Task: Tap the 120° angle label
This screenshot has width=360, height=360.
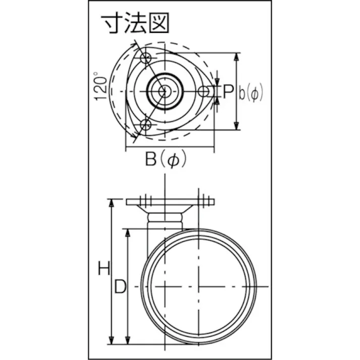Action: coord(101,87)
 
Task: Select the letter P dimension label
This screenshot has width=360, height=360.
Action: coord(228,91)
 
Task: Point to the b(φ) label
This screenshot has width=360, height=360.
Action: coord(251,92)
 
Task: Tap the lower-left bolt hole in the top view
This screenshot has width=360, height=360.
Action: coord(145,125)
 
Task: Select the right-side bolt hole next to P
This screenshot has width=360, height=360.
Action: coord(203,91)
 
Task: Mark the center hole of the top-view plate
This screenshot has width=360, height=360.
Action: coord(165,91)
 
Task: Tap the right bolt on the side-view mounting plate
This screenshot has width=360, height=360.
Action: coord(204,199)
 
